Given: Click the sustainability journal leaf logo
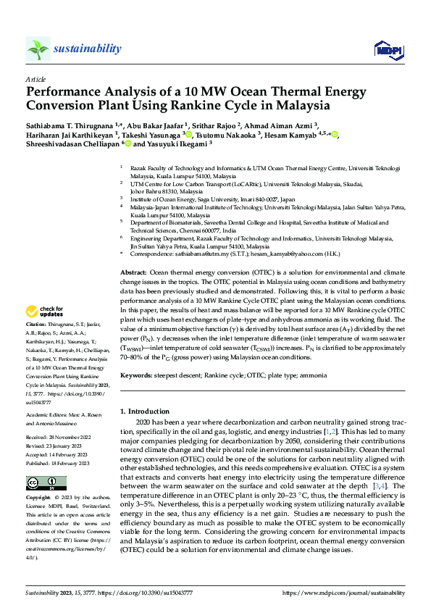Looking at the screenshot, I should (x=38, y=49).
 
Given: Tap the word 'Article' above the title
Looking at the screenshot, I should (x=35, y=78).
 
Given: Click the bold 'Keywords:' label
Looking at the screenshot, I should (x=136, y=375).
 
